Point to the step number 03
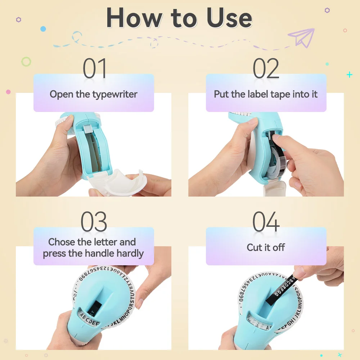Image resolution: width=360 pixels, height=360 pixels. (94, 222)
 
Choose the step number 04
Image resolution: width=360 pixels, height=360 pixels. (266, 222)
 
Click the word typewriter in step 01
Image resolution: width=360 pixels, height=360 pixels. (115, 95)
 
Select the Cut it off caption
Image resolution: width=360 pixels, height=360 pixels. (266, 248)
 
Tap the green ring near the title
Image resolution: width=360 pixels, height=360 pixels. (26, 62)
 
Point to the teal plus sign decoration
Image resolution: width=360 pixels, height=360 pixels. (349, 75)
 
